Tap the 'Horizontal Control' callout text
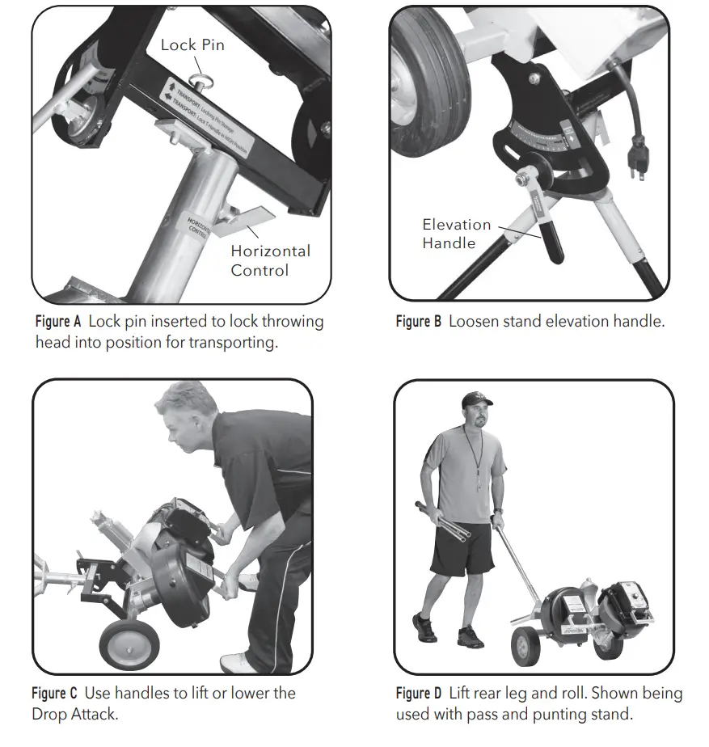point(270,260)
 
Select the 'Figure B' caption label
point(418,322)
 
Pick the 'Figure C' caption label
point(55,694)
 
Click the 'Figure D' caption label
point(419,694)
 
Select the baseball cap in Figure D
point(477,399)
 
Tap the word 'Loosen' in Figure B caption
point(472,322)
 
